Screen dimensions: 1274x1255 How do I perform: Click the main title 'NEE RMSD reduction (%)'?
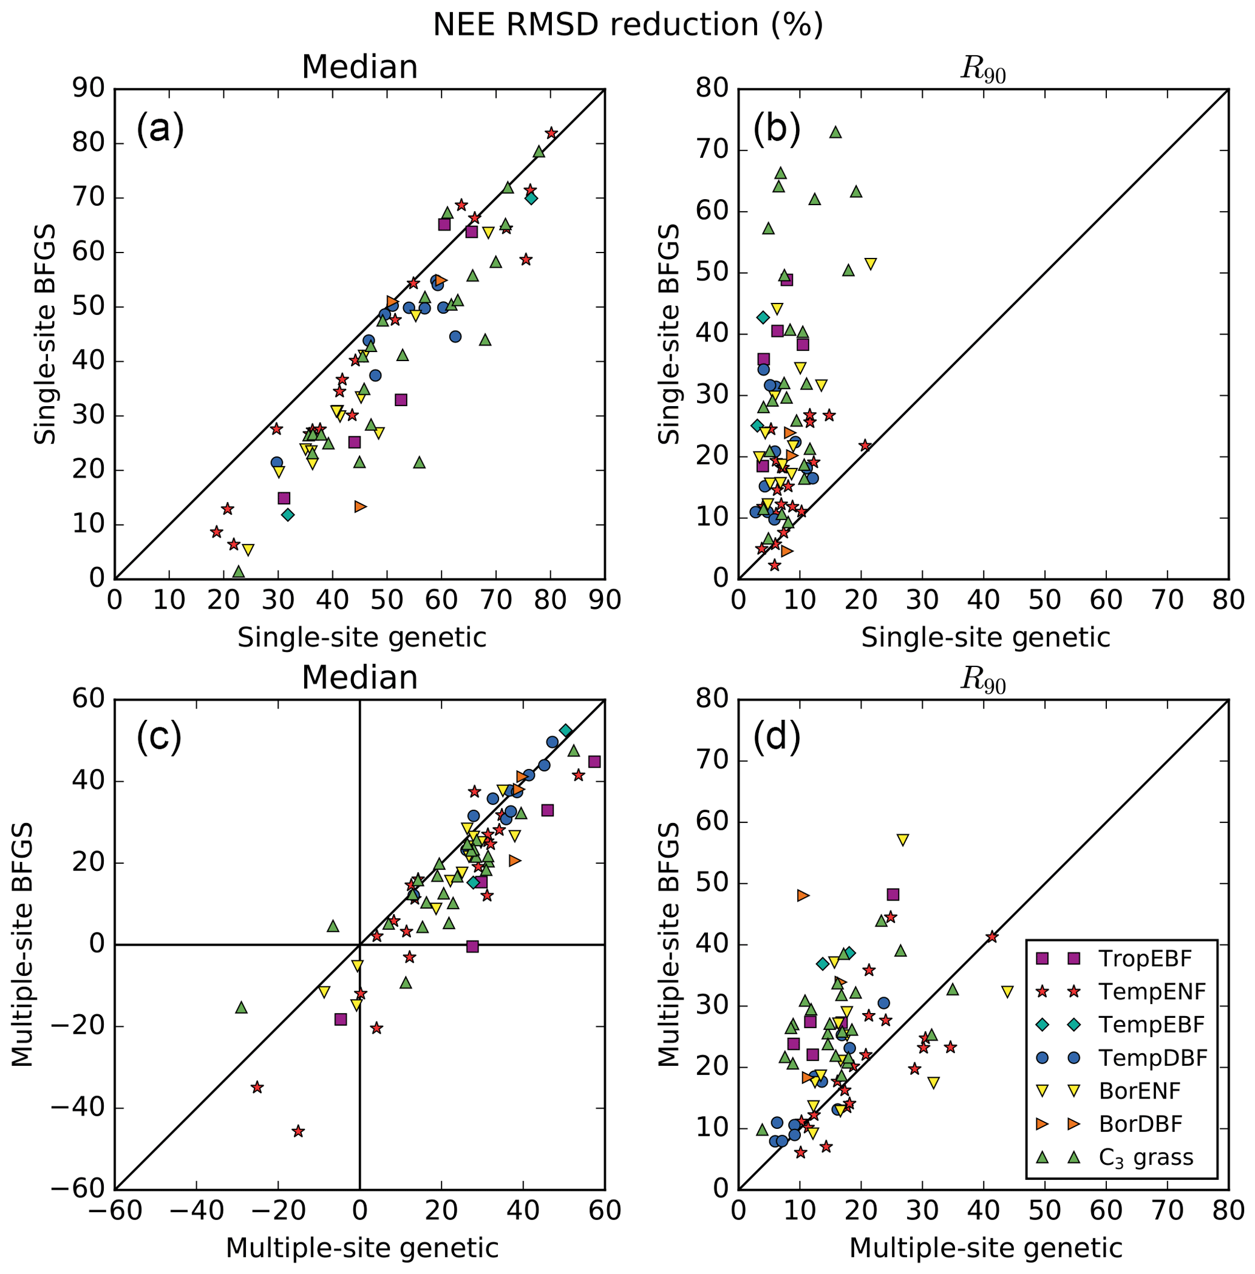(x=628, y=25)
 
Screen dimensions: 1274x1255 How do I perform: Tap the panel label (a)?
(x=160, y=129)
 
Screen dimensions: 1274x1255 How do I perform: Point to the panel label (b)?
(x=777, y=129)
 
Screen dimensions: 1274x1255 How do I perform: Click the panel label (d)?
(x=777, y=737)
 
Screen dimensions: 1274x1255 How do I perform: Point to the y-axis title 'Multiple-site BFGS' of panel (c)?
(x=22, y=944)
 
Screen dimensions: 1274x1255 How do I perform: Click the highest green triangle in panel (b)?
(x=835, y=132)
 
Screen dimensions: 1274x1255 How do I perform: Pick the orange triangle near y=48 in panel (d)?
(x=802, y=896)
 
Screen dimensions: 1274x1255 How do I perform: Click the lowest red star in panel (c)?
(x=298, y=1131)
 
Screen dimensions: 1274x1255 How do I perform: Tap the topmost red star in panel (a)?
(x=551, y=133)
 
